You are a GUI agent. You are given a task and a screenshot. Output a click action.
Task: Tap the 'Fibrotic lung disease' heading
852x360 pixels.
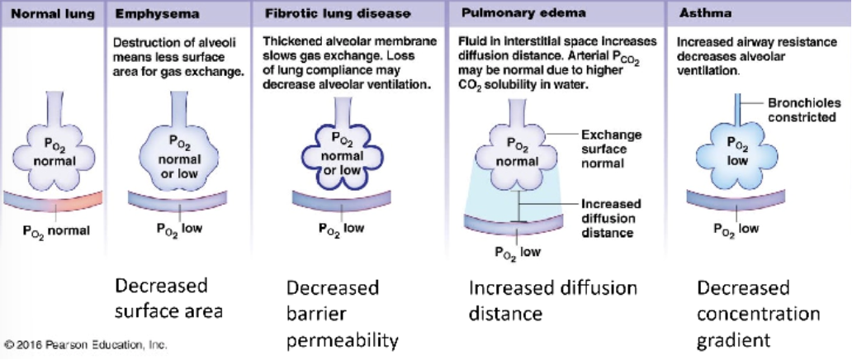tap(326, 14)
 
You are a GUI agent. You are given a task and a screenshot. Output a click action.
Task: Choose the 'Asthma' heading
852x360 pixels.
tap(699, 14)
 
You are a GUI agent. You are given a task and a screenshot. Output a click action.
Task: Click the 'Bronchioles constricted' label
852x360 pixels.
tap(802, 111)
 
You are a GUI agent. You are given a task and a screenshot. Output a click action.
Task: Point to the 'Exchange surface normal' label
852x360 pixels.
tap(612, 149)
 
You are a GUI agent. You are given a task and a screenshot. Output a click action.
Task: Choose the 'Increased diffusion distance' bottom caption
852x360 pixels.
tap(553, 301)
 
